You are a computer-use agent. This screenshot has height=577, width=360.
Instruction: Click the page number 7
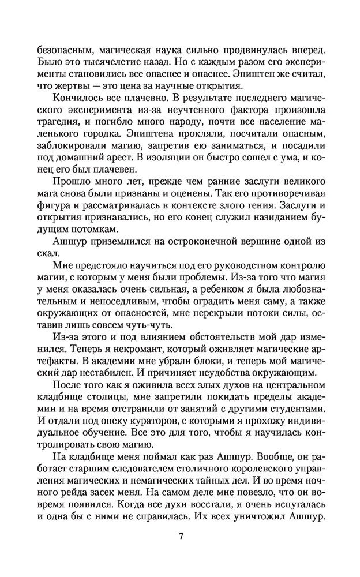pos(181,536)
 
